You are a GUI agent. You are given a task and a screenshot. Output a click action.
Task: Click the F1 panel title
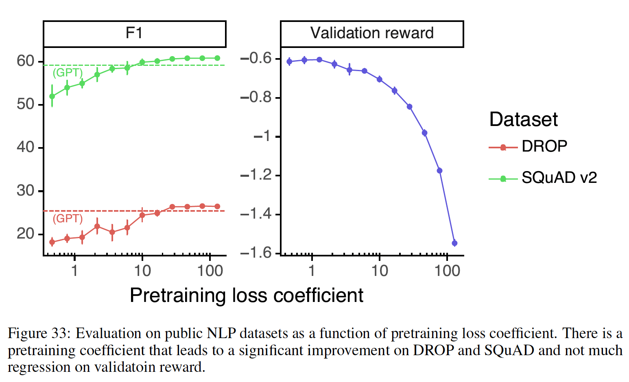click(134, 33)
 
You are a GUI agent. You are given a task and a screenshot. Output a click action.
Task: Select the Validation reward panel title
click(372, 33)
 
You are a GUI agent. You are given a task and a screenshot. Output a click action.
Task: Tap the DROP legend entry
click(544, 146)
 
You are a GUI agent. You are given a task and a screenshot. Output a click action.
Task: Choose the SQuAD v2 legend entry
click(559, 178)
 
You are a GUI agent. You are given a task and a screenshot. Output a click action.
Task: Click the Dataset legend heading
click(523, 119)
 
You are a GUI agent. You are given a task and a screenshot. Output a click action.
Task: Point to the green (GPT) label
click(68, 73)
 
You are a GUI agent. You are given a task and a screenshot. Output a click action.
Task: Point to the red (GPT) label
click(68, 219)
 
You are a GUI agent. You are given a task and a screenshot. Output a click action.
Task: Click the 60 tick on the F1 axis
click(25, 61)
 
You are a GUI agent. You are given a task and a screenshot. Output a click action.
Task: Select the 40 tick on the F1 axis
click(25, 147)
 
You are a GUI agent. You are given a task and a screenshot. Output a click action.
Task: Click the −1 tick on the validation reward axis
click(262, 136)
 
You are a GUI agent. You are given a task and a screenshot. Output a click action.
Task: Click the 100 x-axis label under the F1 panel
click(210, 271)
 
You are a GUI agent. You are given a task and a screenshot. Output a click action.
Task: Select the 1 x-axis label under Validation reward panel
click(312, 271)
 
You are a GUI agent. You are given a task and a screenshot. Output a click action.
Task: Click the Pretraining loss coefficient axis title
click(246, 295)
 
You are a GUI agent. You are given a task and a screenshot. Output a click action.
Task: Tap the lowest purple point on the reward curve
click(454, 243)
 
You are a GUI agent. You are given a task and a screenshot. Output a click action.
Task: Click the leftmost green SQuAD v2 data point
click(52, 96)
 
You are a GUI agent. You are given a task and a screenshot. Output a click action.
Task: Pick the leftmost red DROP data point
click(52, 242)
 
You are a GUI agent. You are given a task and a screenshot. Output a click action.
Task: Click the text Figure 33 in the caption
click(37, 334)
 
